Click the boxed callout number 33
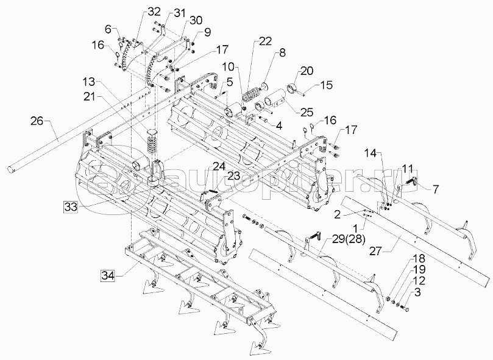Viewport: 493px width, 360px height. (71, 208)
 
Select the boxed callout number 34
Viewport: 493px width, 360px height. (107, 276)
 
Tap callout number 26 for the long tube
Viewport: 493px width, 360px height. (37, 121)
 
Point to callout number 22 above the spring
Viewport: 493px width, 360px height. (264, 41)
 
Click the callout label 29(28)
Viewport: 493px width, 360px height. (345, 240)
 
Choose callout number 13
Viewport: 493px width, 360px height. (89, 82)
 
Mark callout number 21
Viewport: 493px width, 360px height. (90, 97)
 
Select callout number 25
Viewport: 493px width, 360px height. (307, 112)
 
